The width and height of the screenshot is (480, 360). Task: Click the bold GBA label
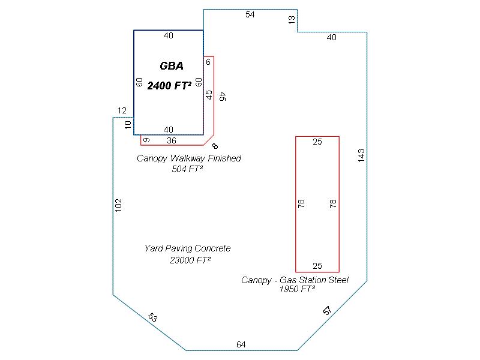pos(172,66)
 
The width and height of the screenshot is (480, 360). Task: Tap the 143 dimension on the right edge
pos(361,155)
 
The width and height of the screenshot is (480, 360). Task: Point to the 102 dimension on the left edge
pos(118,205)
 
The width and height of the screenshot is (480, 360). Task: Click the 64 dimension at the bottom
pos(241,344)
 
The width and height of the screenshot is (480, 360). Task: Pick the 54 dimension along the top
pos(250,15)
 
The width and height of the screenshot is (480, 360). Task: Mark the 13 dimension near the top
pos(292,20)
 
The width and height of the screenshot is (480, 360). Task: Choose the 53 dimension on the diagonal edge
pos(152,318)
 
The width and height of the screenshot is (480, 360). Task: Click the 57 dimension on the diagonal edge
pos(327,311)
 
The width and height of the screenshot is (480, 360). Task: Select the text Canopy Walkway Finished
pos(188,158)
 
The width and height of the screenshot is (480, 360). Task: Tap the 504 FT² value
pos(187,169)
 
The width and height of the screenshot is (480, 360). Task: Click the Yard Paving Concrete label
pos(187,248)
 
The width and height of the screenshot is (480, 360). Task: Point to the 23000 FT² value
pos(190,260)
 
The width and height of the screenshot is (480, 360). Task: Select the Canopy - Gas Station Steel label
pos(295,280)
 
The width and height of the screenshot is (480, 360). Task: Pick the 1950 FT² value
pos(297,289)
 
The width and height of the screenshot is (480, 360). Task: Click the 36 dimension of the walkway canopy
pos(172,141)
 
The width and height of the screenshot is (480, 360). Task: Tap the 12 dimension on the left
pos(122,110)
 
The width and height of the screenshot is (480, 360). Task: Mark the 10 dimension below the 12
pos(127,125)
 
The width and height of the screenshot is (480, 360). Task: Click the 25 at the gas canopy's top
pos(317,142)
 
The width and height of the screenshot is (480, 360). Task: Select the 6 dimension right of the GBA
pos(208,62)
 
